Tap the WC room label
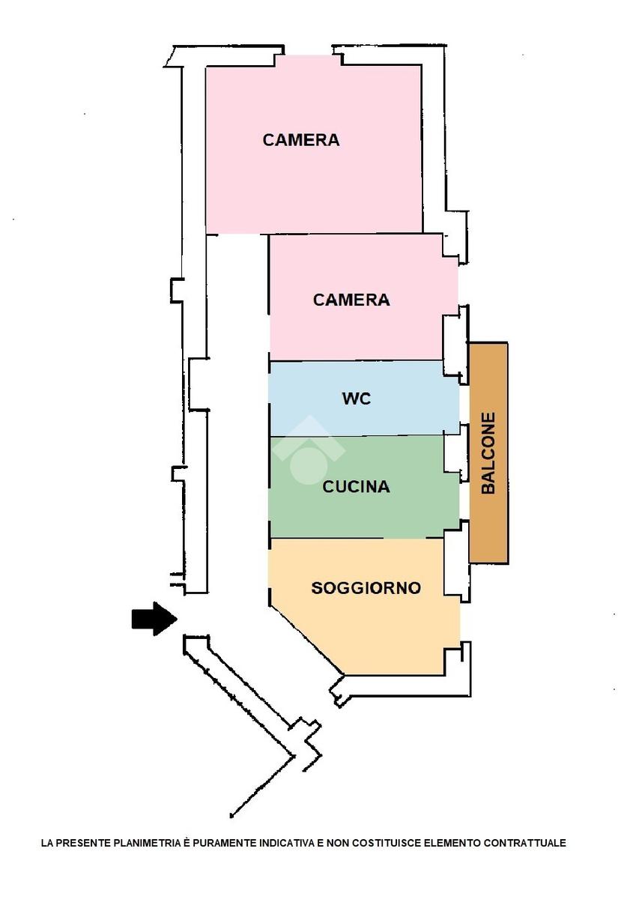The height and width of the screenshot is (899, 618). tap(357, 399)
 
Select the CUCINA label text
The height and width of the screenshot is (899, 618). tap(356, 487)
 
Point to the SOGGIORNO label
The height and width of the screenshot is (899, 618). tap(366, 588)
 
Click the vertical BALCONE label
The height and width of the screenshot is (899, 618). tap(488, 453)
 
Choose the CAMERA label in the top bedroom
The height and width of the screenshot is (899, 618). tap(300, 140)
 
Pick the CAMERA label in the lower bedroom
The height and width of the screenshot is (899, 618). tap(351, 300)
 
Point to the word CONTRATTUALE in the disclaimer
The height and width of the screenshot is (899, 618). tap(524, 844)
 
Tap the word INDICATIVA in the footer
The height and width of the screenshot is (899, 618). tap(287, 844)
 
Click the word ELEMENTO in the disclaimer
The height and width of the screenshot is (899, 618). tap(452, 844)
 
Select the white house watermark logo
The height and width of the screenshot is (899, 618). tap(308, 449)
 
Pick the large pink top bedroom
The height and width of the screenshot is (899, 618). tap(315, 187)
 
